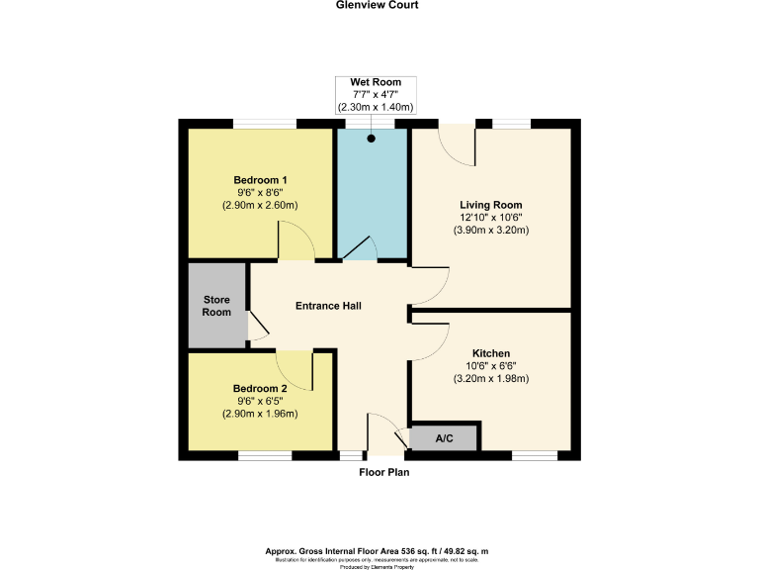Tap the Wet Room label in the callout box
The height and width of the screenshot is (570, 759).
click(x=375, y=82)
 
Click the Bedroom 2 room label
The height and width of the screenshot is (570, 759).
click(x=260, y=389)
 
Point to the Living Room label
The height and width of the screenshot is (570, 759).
click(x=490, y=205)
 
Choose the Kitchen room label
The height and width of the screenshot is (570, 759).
click(x=490, y=353)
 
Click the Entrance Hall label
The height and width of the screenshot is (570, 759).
click(x=328, y=306)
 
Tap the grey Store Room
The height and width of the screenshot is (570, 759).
click(x=217, y=305)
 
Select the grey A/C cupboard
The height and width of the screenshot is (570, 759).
click(x=444, y=437)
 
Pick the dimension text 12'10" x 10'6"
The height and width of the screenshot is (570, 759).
click(x=490, y=218)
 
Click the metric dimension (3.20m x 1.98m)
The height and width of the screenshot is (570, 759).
click(x=490, y=379)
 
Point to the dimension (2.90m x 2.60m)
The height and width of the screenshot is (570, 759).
click(x=260, y=206)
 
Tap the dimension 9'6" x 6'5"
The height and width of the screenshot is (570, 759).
click(x=260, y=401)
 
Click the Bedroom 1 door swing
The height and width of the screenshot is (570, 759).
click(x=295, y=241)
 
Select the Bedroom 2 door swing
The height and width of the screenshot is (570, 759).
click(x=295, y=369)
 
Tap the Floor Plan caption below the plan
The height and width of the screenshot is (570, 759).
click(x=383, y=473)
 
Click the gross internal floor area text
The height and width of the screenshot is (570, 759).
click(x=378, y=551)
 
